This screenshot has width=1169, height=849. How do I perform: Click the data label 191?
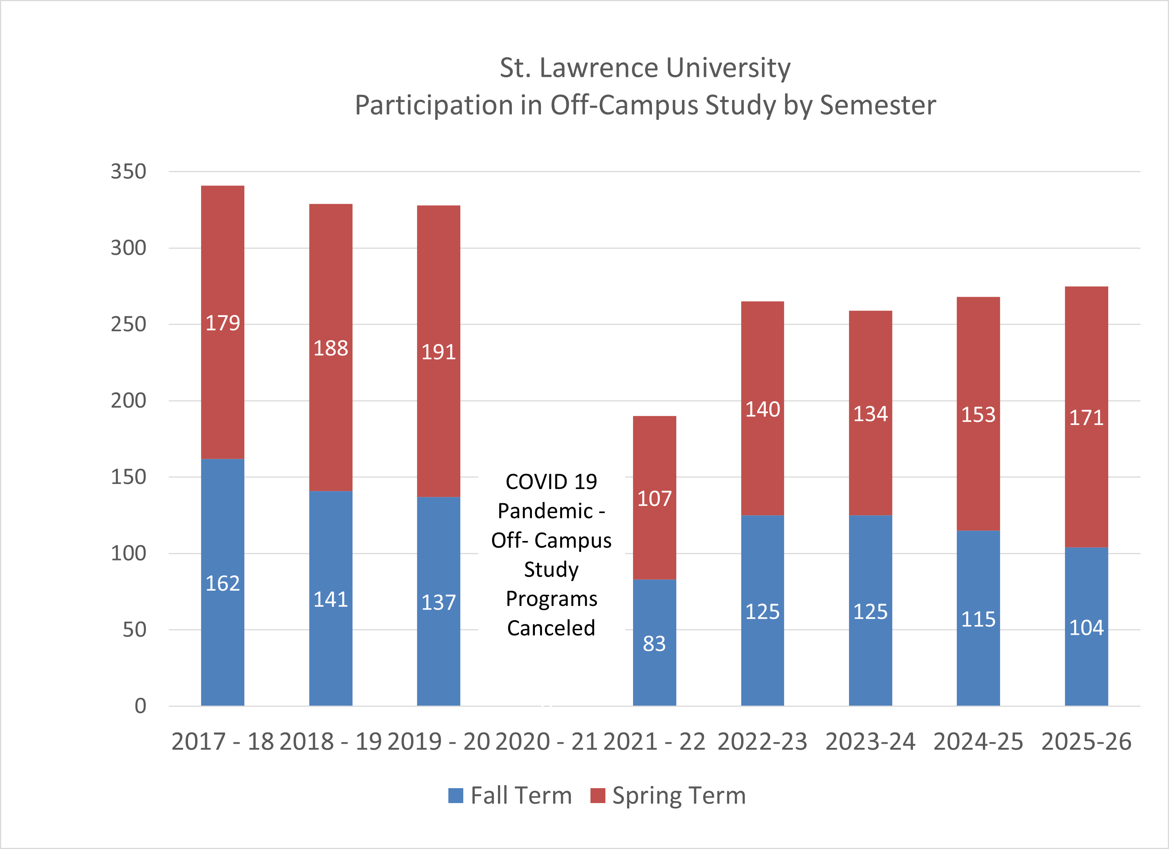(x=439, y=352)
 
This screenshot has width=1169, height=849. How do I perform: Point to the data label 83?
(x=654, y=644)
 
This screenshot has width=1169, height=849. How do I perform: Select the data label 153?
(x=978, y=415)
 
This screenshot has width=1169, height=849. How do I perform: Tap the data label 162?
(x=223, y=584)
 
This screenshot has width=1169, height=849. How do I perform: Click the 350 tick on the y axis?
(x=128, y=172)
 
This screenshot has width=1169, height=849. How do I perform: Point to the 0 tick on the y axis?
(x=140, y=706)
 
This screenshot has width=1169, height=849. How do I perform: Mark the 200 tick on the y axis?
(x=128, y=401)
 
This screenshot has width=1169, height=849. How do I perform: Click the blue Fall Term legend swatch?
(x=456, y=795)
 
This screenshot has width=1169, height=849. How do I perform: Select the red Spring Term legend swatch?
(x=598, y=795)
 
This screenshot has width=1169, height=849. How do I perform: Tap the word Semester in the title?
(x=877, y=105)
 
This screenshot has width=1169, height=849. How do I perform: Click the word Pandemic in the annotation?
(x=545, y=511)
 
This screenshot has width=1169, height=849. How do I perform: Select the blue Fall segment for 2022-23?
(x=762, y=655)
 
